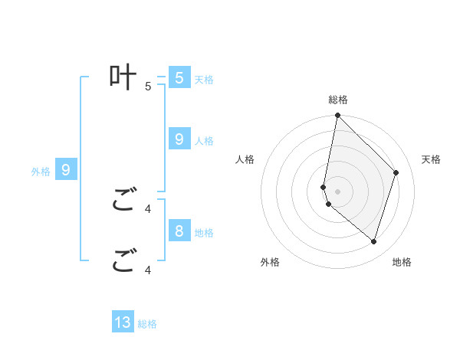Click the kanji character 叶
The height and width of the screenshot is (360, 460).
point(123,77)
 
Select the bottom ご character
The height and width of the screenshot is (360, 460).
point(123,260)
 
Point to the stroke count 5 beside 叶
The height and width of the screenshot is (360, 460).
point(148,87)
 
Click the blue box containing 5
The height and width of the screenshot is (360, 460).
point(179,77)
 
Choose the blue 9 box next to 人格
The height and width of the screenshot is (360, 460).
point(179,139)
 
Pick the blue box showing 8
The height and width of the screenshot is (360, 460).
point(179,231)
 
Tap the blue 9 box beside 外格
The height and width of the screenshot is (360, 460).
point(66,170)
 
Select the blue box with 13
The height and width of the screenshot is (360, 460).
point(123,322)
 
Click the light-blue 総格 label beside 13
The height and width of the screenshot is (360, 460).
point(147,324)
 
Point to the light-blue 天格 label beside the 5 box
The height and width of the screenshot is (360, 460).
point(204,79)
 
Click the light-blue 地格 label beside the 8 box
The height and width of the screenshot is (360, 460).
point(204,232)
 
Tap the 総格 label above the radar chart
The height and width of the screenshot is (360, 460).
point(338,100)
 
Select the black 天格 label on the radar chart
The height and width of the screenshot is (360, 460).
point(432,159)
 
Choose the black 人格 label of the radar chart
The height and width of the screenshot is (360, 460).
point(245,159)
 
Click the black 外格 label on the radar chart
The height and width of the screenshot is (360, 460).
point(270,262)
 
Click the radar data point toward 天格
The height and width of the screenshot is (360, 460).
point(396,172)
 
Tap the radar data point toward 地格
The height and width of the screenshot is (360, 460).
point(374,241)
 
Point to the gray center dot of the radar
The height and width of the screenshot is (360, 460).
point(338,191)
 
